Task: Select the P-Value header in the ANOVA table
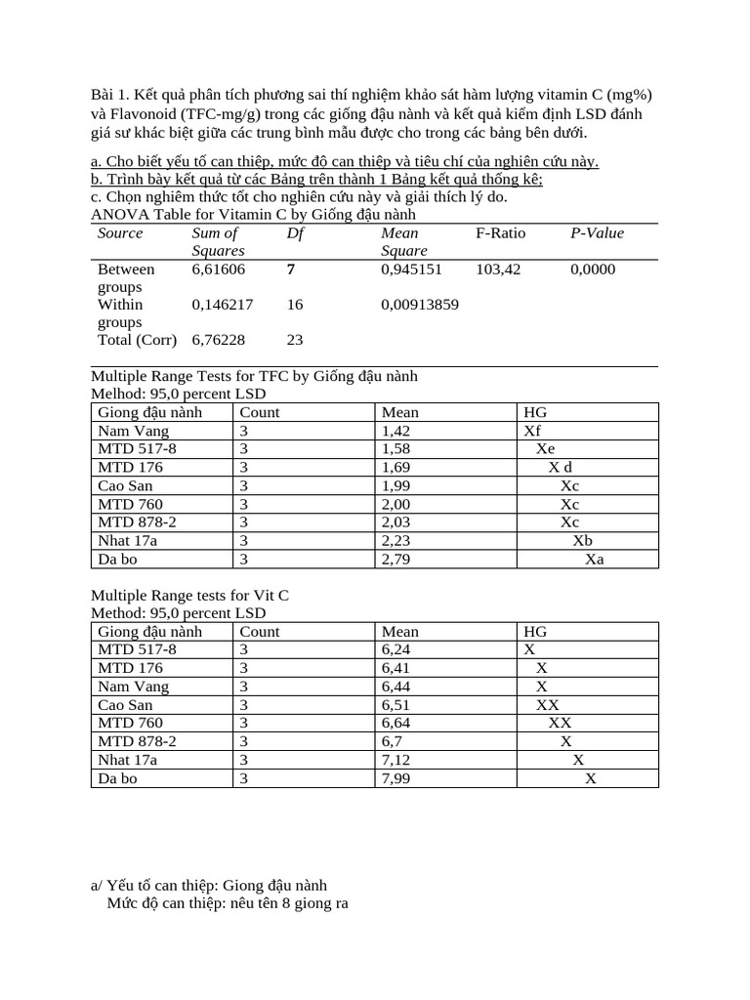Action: [597, 232]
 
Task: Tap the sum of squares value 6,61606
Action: [219, 269]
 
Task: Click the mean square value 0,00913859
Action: [420, 305]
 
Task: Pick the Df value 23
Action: [295, 340]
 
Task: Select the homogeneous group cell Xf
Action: [532, 431]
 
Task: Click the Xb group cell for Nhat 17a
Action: [582, 540]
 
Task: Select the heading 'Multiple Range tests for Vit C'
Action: [189, 595]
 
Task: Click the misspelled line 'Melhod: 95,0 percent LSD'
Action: [178, 394]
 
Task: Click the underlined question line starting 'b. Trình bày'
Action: [316, 179]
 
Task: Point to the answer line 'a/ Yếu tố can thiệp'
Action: [208, 885]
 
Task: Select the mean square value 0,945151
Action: [411, 269]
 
